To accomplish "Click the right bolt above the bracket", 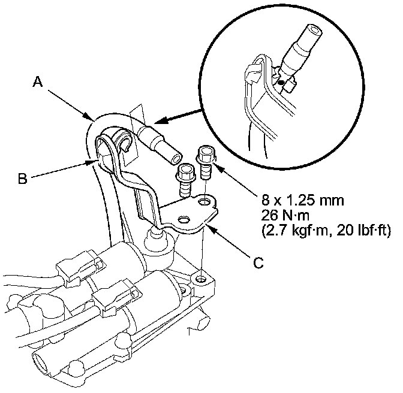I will (x=206, y=160).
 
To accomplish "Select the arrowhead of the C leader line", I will (x=207, y=226).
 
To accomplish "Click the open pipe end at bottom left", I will (x=43, y=363).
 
